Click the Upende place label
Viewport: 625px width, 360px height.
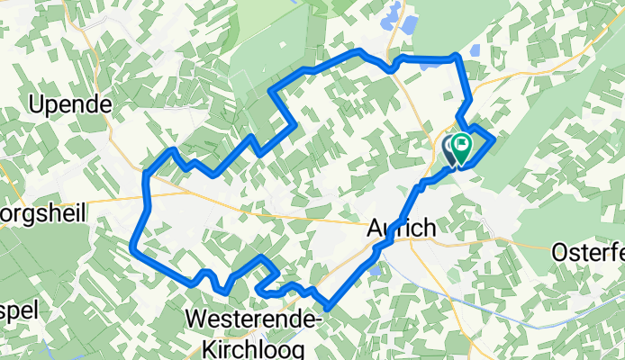point(70,105)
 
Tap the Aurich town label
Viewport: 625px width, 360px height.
point(403,229)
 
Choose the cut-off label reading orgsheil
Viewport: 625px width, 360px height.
point(42,216)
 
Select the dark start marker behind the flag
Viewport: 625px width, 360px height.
point(451,148)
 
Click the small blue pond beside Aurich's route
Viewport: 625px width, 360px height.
point(374,267)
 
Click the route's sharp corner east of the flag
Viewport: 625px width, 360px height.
point(494,139)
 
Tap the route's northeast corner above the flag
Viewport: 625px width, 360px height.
point(457,57)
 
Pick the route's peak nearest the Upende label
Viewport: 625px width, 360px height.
point(171,149)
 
